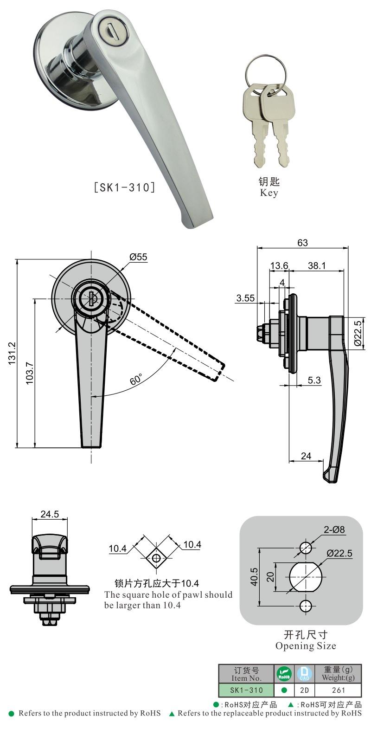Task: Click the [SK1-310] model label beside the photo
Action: [x=123, y=187]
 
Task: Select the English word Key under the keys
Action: [x=269, y=193]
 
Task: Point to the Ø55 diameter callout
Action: [x=138, y=256]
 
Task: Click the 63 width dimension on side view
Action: [x=302, y=243]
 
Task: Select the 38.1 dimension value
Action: [x=316, y=265]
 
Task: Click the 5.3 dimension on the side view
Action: [x=314, y=380]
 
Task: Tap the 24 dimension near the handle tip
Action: [x=306, y=456]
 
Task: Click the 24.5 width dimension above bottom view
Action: [x=50, y=514]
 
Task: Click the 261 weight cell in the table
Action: [x=339, y=690]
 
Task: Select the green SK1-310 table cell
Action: [x=246, y=690]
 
